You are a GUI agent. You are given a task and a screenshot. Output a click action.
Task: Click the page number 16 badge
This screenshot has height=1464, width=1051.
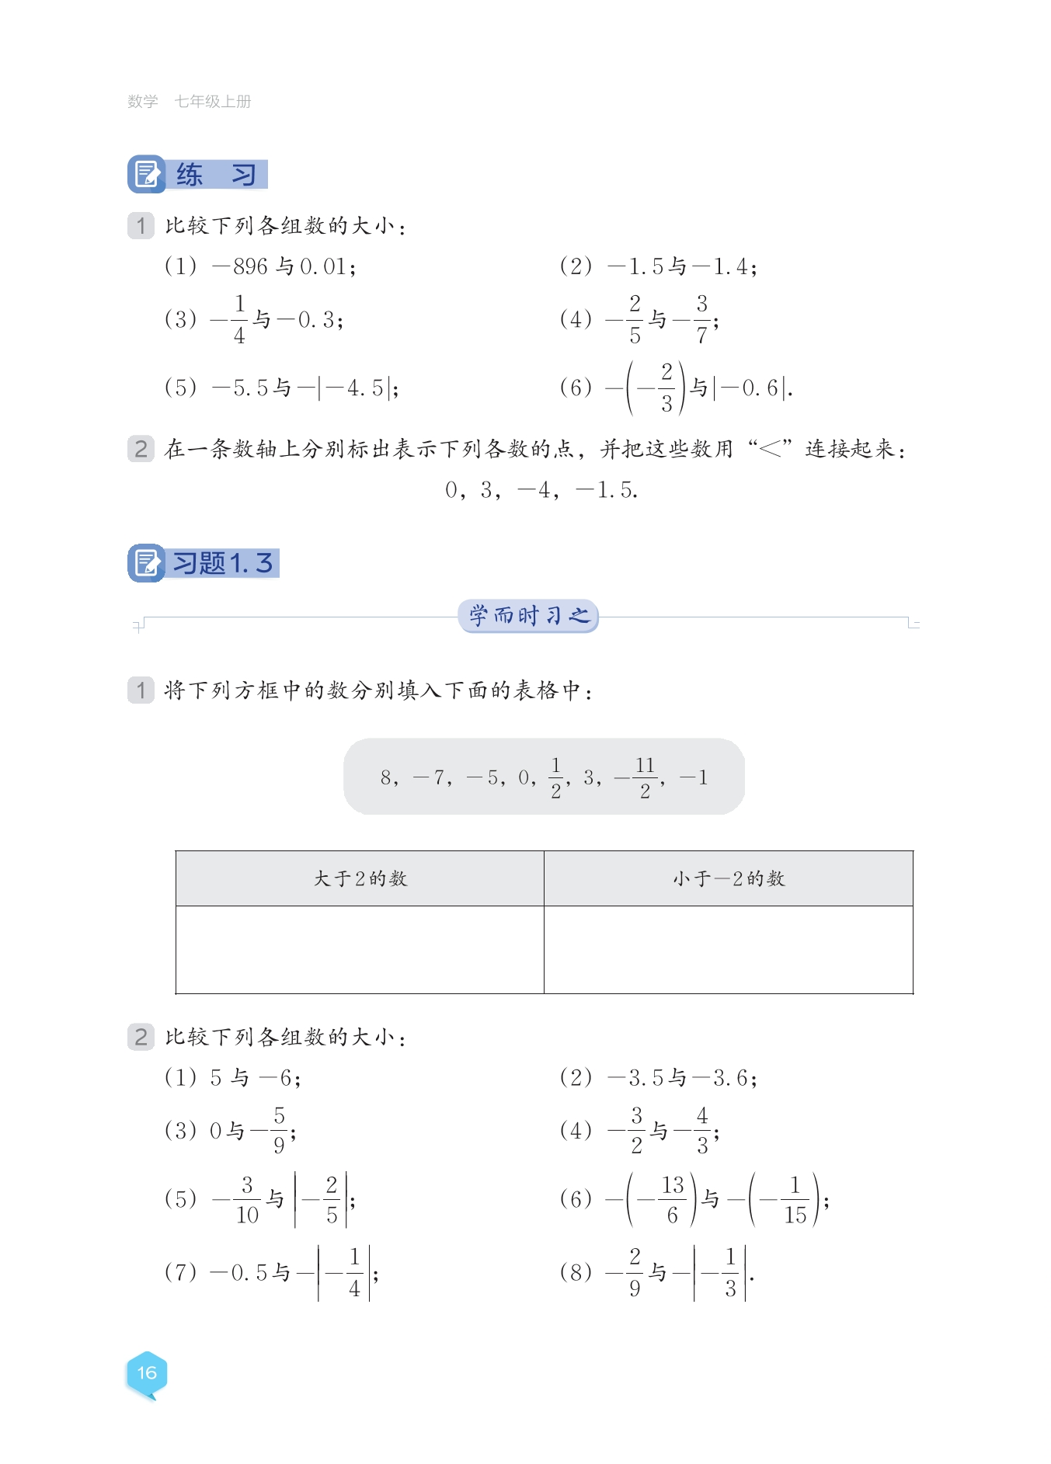coord(147,1373)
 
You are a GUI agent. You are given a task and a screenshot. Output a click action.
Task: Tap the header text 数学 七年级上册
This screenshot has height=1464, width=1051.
coord(189,102)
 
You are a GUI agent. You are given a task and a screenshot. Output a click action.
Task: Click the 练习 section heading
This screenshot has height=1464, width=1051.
coord(198,175)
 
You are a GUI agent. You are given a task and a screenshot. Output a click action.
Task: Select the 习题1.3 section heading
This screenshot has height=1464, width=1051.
coord(204,563)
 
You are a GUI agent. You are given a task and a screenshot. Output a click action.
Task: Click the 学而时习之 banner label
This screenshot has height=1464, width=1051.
coord(528,616)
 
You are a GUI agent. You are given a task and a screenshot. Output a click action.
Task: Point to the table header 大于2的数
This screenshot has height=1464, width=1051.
coord(360,878)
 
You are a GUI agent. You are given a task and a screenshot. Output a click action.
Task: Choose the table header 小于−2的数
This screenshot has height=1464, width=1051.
coord(729,878)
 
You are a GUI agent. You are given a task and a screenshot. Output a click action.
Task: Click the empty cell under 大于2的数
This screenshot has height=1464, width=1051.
coord(360,949)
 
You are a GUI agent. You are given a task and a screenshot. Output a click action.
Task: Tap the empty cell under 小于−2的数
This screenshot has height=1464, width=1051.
coord(729,949)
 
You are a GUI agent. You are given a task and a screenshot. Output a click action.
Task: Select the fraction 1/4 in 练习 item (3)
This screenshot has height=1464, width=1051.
coord(239,319)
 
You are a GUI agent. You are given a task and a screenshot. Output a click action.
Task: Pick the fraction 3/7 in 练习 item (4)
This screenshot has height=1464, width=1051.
coord(701,319)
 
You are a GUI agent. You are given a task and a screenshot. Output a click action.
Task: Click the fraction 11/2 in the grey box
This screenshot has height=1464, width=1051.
coord(645,777)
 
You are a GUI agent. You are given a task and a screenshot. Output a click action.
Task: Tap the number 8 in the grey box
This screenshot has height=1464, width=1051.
coord(386,777)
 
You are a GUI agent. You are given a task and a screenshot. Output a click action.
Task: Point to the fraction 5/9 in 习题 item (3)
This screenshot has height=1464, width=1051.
coord(279,1131)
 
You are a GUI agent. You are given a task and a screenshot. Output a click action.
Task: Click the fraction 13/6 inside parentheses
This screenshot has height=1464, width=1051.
coord(672,1200)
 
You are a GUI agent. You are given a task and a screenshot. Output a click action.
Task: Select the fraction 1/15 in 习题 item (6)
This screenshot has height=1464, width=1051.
coord(795,1200)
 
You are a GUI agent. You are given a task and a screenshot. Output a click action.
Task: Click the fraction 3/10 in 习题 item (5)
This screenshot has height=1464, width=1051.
coord(247,1200)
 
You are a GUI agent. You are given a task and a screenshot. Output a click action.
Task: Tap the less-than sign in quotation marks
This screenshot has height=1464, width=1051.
coord(770,448)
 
